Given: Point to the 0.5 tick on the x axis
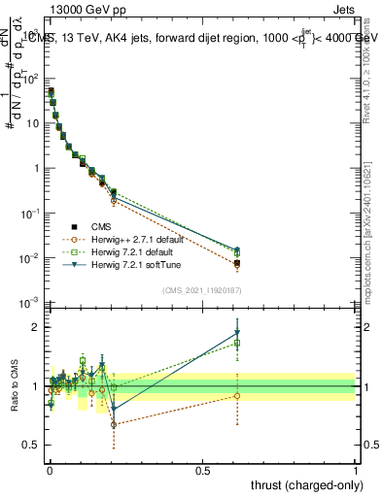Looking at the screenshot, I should (203, 469).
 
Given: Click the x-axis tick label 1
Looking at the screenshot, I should (357, 469).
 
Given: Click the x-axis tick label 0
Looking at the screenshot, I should (50, 469).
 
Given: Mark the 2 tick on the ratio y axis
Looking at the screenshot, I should (32, 327).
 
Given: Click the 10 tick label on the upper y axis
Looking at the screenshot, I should (29, 123).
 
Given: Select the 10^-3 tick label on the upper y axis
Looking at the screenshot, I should (27, 303).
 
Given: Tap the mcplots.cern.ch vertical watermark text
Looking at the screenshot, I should (372, 194).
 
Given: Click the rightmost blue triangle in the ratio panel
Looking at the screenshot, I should (237, 333).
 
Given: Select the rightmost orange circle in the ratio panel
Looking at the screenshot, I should (237, 395).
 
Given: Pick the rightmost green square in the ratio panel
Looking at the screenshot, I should (237, 343).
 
